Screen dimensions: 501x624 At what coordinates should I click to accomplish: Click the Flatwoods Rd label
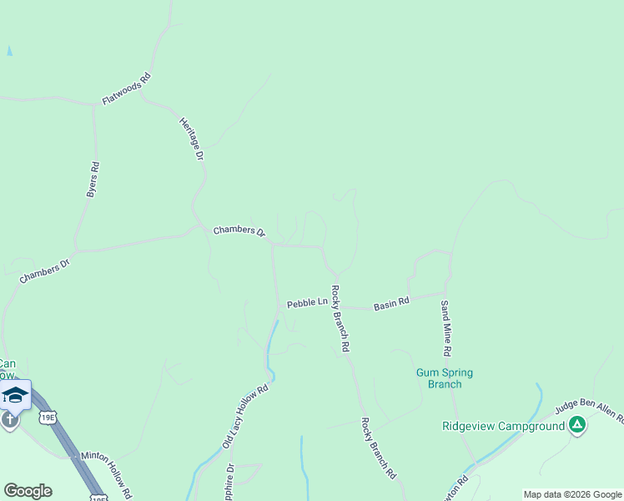coord(126,89)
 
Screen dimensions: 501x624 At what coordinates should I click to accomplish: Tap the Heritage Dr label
coord(192,138)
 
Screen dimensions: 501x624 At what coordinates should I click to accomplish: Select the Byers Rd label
coord(93,179)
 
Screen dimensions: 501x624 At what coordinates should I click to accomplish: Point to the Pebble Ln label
coord(307,303)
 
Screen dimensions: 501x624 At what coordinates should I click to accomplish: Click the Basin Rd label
coord(391,304)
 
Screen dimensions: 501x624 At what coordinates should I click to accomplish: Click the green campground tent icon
coord(576,426)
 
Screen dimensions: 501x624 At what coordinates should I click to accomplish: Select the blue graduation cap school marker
coord(15,394)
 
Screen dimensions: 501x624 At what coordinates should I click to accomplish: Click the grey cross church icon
coord(9,419)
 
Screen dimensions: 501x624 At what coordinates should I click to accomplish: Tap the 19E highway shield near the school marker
coord(48,417)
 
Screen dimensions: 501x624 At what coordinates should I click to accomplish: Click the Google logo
coord(28,490)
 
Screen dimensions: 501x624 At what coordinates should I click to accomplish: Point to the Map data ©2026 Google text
coord(572,494)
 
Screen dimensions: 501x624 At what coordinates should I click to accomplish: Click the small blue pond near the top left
coord(9,51)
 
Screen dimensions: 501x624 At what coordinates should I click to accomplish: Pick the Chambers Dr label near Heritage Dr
coord(239,230)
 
